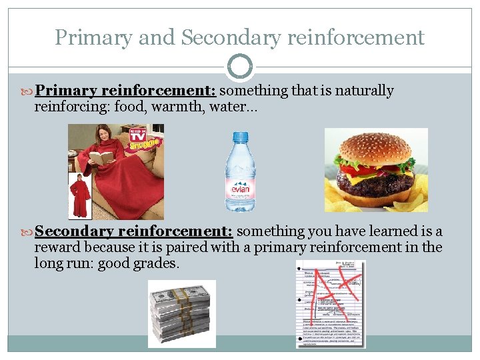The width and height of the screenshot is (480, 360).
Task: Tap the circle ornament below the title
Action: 240,67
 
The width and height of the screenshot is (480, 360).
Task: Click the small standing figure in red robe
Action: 80,196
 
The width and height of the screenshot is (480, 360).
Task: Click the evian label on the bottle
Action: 241,189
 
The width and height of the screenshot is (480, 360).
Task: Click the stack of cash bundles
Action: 182,313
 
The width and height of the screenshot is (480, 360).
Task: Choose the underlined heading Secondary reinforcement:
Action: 133,231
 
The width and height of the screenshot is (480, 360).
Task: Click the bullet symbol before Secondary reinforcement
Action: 28,232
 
